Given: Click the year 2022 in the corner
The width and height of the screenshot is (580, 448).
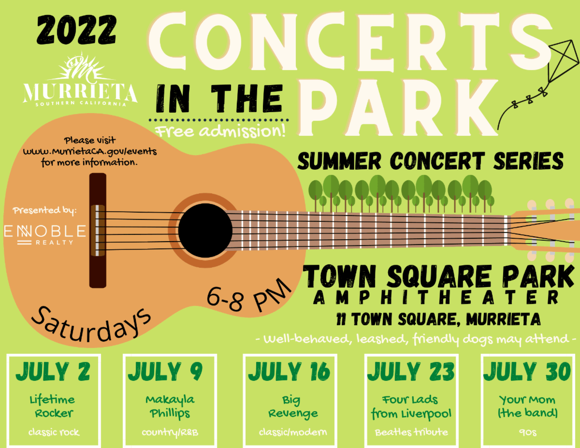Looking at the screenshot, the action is (x=76, y=29).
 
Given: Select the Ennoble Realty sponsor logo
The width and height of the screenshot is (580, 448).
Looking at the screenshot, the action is (x=45, y=234).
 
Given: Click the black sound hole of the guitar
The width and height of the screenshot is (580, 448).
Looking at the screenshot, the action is (x=205, y=231).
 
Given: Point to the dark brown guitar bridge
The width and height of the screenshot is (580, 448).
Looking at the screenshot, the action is (x=98, y=231).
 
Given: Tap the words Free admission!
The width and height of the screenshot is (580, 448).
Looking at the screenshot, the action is (x=220, y=131).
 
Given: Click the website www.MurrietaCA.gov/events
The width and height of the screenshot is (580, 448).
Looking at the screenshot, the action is (x=90, y=152).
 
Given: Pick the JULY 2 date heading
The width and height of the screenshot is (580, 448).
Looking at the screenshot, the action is (x=53, y=372).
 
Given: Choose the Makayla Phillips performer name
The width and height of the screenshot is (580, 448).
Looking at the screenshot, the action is (x=170, y=407).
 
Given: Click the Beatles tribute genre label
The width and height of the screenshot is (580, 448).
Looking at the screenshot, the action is (x=411, y=432).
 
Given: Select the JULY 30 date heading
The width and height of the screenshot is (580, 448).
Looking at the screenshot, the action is (x=527, y=372).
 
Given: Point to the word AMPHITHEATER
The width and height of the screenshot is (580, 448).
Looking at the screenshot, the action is (x=435, y=298).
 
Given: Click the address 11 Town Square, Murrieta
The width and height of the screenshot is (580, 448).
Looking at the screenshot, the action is (x=438, y=319).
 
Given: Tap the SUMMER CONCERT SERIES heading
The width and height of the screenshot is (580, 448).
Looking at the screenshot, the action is (x=430, y=161).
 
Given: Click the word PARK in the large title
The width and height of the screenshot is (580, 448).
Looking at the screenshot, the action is (x=397, y=108).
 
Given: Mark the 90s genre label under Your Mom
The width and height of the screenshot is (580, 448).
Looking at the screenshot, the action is (x=528, y=433).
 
